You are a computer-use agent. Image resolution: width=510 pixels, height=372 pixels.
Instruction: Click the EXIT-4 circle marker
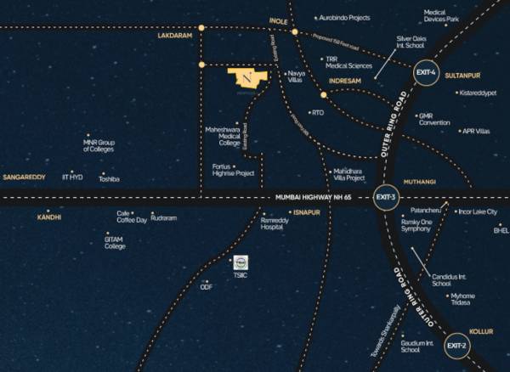[x=426, y=74]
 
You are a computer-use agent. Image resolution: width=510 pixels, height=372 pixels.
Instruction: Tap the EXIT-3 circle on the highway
[x=387, y=198]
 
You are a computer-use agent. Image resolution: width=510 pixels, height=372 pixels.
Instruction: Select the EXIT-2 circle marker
[x=456, y=345]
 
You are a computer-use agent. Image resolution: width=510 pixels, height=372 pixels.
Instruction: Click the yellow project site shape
[x=247, y=78]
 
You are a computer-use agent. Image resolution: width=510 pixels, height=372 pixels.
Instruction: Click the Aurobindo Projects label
[x=346, y=17]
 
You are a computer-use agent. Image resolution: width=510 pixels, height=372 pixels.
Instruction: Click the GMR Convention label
[x=434, y=119]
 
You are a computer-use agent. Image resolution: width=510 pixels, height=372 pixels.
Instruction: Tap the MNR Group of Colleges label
[x=99, y=145]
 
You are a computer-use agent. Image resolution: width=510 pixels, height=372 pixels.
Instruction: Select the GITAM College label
[x=115, y=242]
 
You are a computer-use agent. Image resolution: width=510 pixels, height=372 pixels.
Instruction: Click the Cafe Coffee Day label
[x=132, y=217]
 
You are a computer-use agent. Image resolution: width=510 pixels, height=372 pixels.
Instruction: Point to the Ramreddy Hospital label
[x=271, y=223]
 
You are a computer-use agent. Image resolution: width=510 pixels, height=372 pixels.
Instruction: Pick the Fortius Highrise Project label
[x=233, y=169]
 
